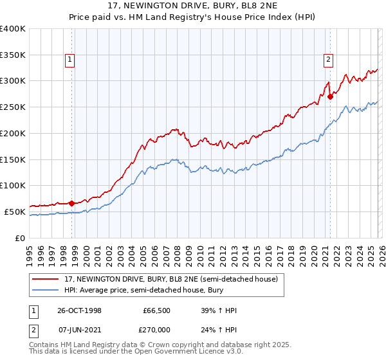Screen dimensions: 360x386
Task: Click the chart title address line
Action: click(193, 6)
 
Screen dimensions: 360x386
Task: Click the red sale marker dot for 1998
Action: click(71, 203)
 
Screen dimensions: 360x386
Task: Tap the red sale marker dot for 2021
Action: click(330, 96)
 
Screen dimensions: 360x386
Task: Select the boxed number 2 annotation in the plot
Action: click(328, 60)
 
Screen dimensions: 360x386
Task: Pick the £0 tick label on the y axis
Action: click(21, 238)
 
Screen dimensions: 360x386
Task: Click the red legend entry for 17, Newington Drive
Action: click(170, 279)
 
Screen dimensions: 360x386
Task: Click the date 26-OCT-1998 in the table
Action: click(78, 310)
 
